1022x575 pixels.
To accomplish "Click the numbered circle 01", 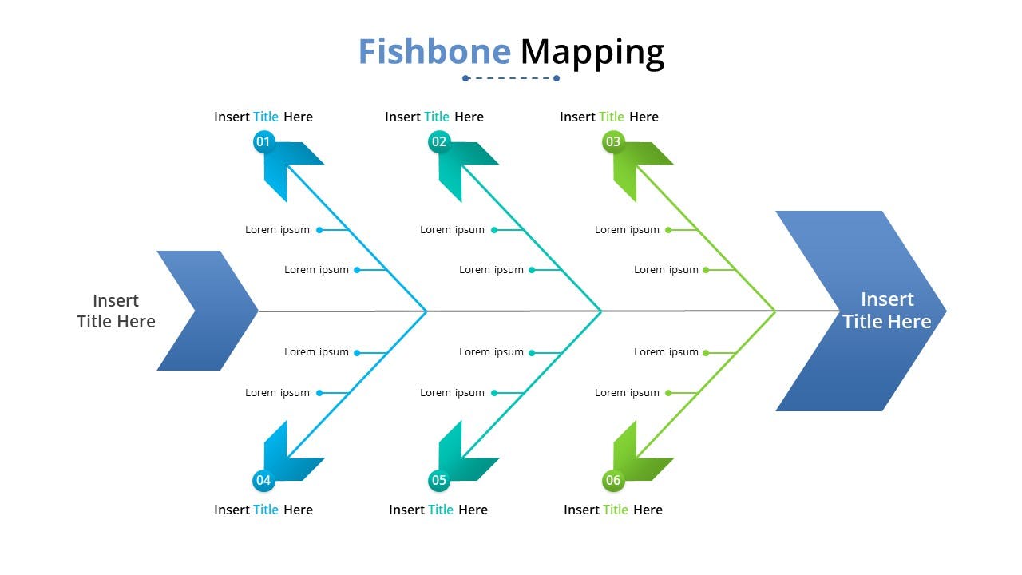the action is (x=263, y=141).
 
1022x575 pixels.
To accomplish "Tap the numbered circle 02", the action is (x=439, y=141).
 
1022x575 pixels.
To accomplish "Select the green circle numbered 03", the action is (x=613, y=141).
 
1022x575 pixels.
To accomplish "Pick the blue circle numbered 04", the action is (x=263, y=480).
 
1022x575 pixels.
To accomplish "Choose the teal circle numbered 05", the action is (x=439, y=480).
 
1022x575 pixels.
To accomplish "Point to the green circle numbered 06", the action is (x=613, y=480).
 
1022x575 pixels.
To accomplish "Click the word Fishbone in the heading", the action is (x=434, y=51).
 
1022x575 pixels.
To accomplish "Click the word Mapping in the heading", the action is (x=592, y=53).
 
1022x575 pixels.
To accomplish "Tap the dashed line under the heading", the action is (x=511, y=78).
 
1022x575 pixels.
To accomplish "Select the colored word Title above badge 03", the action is (x=612, y=117).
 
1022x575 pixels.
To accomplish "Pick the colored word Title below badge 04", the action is (x=266, y=510).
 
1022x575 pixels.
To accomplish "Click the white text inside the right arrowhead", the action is (x=887, y=311).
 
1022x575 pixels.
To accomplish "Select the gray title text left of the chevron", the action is (x=116, y=311).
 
